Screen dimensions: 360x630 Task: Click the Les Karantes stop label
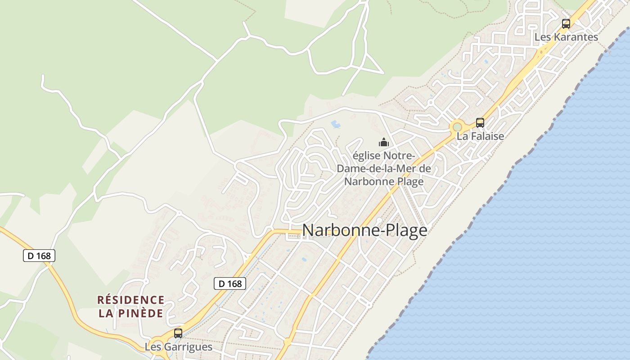566,37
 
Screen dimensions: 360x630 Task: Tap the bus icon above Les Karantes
566,24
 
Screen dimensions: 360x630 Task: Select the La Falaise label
480,136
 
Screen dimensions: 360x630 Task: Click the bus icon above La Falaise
480,122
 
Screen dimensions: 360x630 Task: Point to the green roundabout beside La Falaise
458,127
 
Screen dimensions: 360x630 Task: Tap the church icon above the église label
384,143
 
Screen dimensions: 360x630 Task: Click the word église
365,156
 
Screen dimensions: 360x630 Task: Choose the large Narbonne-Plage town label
364,230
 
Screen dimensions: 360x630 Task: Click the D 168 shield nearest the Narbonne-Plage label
229,283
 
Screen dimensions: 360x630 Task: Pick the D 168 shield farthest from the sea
39,256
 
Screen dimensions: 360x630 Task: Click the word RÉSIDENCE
131,300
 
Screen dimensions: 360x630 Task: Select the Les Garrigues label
178,347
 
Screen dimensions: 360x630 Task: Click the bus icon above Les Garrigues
178,333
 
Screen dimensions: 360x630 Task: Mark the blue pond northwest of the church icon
336,123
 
